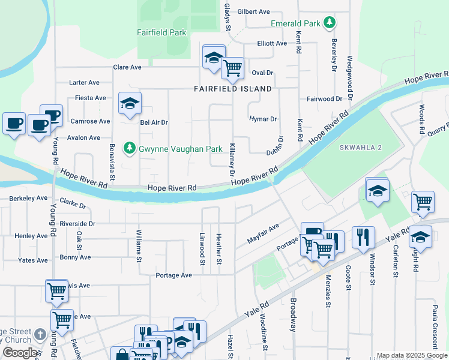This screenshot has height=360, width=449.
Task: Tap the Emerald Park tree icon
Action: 329,23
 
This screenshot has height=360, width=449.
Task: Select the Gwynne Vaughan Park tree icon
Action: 129,148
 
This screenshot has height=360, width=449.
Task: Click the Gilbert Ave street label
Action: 253,11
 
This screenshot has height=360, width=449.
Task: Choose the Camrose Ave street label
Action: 90,121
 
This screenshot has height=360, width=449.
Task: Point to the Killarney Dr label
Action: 232,160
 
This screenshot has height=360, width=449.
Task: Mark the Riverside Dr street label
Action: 77,223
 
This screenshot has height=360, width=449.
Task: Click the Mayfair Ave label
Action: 264,235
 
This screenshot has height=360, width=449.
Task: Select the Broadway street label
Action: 294,315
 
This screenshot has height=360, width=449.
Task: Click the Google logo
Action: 20,353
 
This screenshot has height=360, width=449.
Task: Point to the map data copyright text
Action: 412,355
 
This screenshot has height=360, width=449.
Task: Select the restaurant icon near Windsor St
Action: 363,237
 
